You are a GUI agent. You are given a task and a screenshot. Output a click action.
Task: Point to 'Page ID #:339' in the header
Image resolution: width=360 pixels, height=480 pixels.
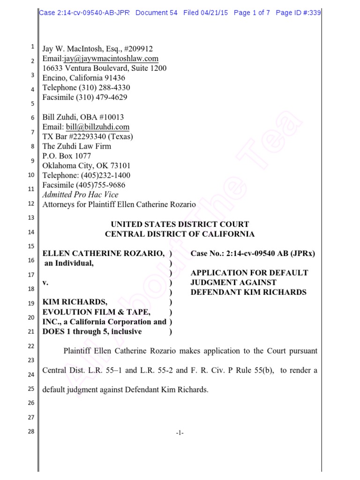coord(298,13)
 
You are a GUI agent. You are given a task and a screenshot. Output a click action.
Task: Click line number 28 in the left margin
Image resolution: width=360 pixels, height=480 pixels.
coord(31,432)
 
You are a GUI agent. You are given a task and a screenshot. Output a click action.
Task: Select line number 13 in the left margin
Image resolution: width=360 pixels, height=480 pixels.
coord(31,218)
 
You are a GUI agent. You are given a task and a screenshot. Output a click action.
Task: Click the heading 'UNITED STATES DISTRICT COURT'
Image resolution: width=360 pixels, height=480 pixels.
coord(180,225)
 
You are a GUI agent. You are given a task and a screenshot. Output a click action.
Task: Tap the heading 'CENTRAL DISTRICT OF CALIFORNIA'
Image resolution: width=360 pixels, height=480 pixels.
coord(180,234)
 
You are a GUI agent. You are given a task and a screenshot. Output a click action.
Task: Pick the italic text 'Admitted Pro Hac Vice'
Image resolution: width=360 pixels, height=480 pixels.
coord(80,195)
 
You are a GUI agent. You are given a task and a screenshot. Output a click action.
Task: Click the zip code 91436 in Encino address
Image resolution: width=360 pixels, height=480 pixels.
coord(113,78)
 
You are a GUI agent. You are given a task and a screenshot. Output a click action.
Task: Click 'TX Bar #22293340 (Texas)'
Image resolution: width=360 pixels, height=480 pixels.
coord(88,136)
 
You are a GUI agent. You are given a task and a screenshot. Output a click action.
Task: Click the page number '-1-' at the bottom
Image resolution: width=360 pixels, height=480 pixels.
coord(180,433)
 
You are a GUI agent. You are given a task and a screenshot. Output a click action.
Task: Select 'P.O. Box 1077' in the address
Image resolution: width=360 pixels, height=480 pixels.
coord(67,156)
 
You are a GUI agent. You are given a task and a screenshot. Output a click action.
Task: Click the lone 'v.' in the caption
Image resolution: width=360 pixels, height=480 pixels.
coord(45,283)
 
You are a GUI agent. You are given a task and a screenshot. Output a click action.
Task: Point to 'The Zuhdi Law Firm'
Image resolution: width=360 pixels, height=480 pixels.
coord(76,146)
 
